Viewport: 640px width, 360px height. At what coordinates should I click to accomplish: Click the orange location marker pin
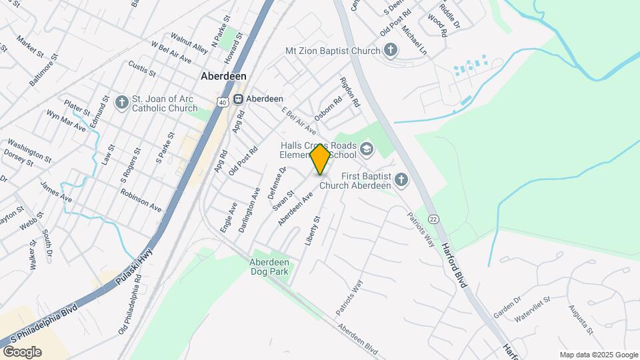click(320, 159)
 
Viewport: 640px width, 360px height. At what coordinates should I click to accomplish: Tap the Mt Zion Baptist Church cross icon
click(391, 50)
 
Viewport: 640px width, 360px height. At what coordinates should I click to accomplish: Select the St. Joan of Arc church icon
click(121, 102)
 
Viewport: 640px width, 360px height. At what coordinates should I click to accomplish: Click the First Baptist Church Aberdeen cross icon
click(401, 179)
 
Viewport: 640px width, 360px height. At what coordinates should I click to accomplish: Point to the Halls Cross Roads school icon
click(366, 149)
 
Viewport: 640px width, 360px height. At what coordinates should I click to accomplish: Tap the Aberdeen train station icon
click(237, 98)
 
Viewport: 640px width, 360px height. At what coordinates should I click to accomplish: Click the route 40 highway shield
click(222, 101)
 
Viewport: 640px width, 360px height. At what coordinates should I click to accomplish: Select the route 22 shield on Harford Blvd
click(433, 219)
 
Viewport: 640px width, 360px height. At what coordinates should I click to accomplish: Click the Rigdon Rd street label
click(350, 94)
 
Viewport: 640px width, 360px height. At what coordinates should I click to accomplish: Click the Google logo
click(22, 351)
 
